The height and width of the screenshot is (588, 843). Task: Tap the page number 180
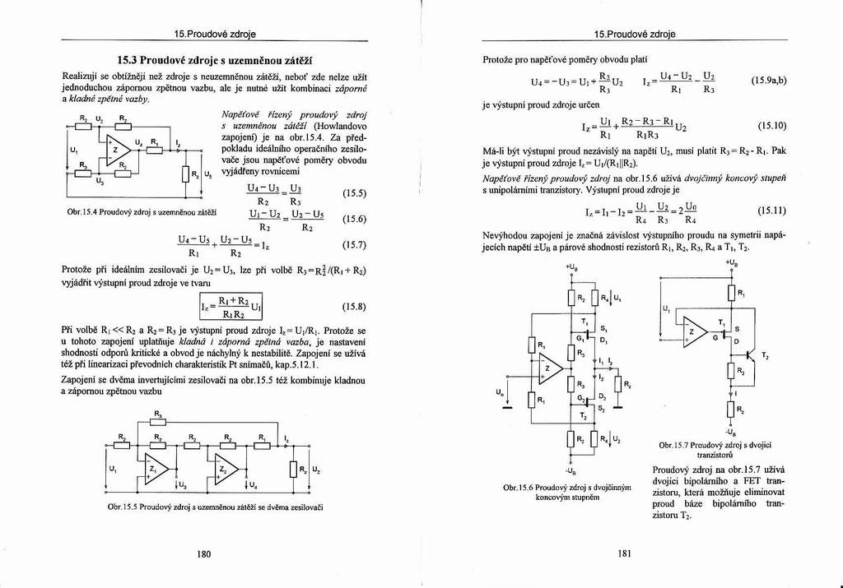[204, 553]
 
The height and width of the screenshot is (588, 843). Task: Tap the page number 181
[623, 553]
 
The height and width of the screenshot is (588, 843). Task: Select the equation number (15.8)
[353, 306]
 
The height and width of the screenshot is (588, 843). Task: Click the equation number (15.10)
[771, 127]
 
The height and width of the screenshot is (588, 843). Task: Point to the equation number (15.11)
[771, 211]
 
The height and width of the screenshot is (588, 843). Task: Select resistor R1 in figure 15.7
[729, 293]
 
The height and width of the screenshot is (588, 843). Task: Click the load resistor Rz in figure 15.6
[618, 383]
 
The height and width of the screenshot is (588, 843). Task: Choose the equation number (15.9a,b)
[769, 81]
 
